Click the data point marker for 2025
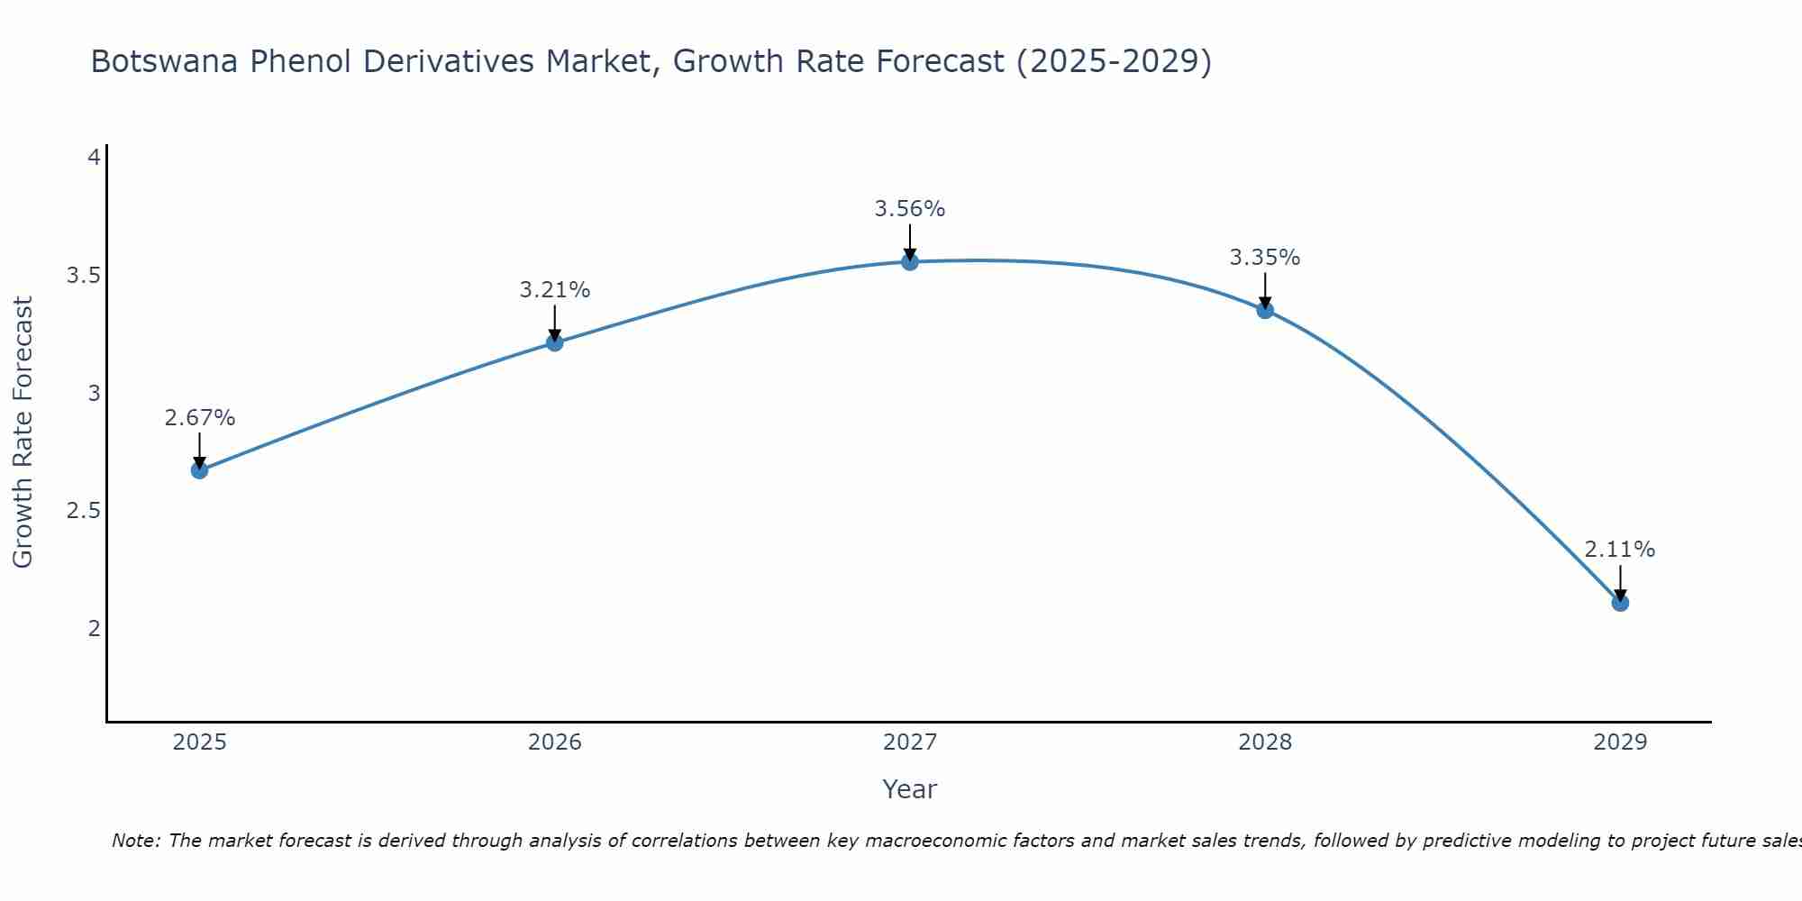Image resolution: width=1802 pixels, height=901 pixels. [200, 470]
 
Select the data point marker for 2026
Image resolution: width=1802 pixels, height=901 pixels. [555, 342]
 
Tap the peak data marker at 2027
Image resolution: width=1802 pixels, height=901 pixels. [910, 262]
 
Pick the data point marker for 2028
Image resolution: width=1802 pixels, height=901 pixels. [1265, 310]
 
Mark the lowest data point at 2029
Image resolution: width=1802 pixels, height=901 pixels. [1620, 603]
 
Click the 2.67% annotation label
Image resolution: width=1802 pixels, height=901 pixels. [200, 418]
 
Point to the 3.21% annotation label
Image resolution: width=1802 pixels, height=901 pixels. [555, 290]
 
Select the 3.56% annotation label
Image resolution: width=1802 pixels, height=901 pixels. [910, 209]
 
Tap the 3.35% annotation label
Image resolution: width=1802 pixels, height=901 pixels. [1265, 258]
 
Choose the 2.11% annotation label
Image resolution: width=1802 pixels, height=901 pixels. [1620, 550]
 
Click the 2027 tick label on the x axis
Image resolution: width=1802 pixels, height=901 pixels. [910, 742]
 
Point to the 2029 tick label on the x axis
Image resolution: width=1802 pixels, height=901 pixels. [1620, 742]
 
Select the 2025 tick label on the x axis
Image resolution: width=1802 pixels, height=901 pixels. [200, 742]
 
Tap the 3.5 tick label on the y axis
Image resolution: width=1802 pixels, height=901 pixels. [83, 276]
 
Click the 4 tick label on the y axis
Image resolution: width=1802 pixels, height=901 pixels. [94, 158]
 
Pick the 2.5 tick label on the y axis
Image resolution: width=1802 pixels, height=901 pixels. [83, 511]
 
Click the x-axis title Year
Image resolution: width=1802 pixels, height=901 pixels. [910, 789]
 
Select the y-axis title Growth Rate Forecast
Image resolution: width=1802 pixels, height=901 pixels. [23, 432]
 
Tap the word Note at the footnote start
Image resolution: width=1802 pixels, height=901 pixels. [135, 841]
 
